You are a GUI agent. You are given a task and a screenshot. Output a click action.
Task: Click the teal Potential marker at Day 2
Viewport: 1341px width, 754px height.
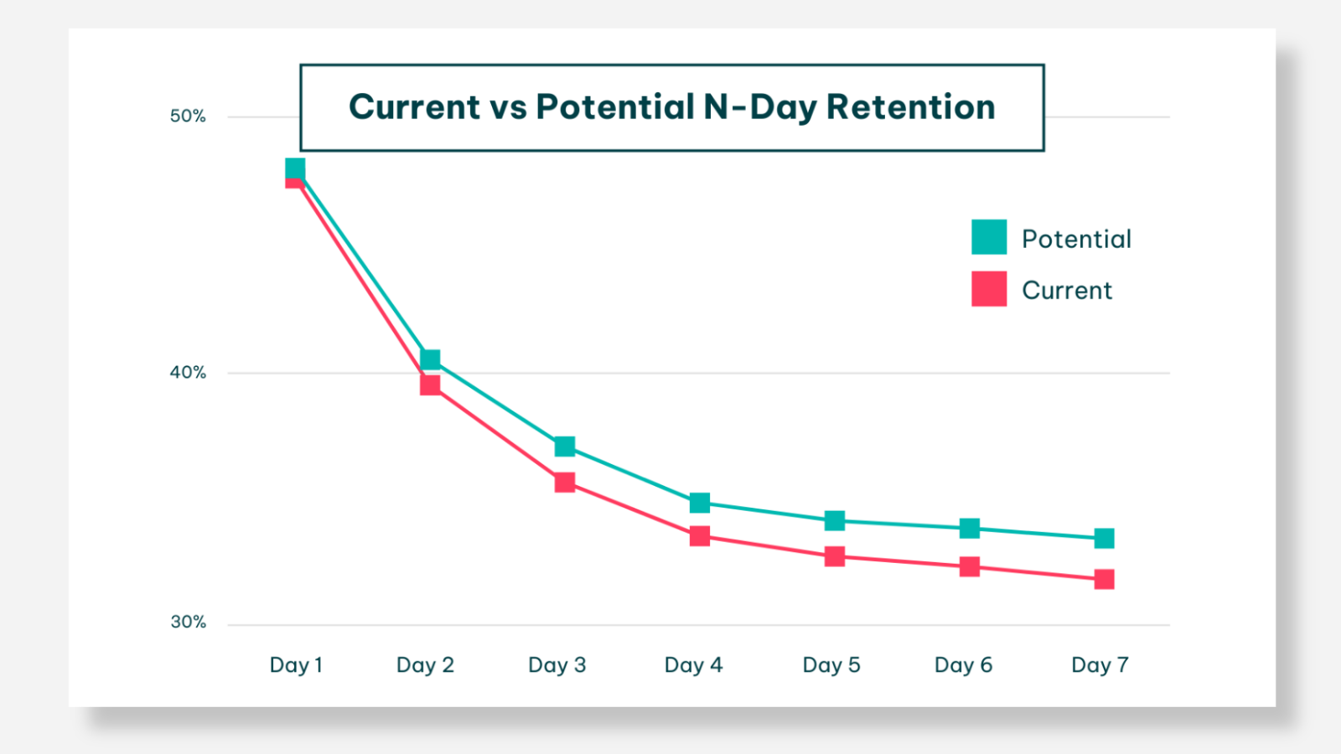click(x=430, y=359)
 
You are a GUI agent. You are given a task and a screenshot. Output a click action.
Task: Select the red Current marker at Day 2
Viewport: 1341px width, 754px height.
click(x=430, y=385)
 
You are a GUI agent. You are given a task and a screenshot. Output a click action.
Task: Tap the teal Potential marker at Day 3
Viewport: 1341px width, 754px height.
click(x=565, y=447)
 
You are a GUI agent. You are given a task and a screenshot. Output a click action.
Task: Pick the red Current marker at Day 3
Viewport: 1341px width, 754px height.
click(x=565, y=483)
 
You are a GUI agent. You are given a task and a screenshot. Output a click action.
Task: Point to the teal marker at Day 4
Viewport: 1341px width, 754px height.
click(x=700, y=503)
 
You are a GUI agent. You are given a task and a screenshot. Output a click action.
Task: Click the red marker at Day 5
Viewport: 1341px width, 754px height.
click(x=835, y=556)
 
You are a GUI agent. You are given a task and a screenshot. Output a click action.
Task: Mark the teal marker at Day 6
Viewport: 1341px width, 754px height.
click(x=970, y=528)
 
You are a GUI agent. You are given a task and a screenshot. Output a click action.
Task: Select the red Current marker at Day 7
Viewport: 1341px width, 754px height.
click(x=1105, y=579)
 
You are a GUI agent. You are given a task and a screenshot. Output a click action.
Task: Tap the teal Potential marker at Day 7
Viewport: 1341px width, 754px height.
click(x=1105, y=538)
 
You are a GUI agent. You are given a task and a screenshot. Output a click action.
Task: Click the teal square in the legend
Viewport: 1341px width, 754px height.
click(x=989, y=237)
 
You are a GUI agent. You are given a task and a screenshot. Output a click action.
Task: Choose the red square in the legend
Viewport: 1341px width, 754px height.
click(x=989, y=289)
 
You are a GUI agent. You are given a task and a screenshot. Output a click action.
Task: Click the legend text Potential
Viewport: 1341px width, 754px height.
click(x=1076, y=240)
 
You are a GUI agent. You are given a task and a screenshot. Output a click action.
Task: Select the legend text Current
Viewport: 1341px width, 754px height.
click(x=1066, y=291)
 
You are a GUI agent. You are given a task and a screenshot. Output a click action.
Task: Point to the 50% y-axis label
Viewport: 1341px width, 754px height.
click(x=188, y=116)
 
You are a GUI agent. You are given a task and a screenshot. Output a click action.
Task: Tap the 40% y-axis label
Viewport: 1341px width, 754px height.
click(x=188, y=373)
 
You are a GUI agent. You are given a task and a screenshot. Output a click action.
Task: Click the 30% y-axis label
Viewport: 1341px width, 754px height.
click(x=188, y=622)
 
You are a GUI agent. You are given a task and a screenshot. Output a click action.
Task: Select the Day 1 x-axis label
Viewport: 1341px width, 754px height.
click(x=296, y=665)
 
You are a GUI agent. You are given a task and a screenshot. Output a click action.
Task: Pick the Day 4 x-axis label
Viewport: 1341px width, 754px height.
click(x=693, y=665)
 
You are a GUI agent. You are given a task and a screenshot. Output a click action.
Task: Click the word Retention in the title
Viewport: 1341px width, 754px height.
click(x=910, y=107)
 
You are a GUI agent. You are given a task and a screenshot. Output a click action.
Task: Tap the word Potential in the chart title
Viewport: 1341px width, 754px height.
click(x=615, y=107)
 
